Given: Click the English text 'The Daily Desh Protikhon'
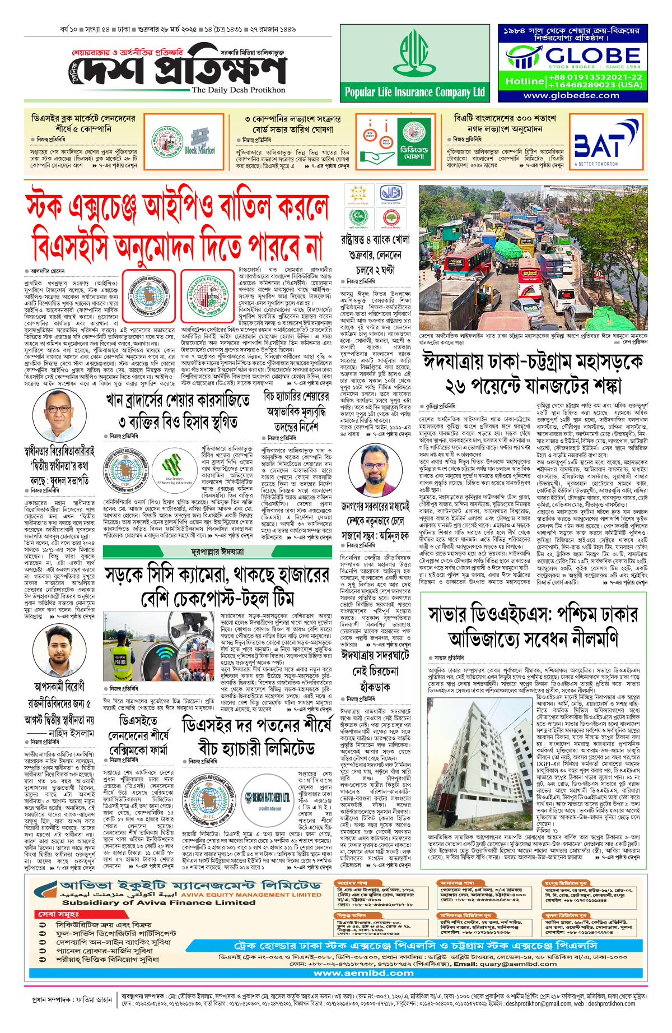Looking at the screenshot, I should coord(239,90).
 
